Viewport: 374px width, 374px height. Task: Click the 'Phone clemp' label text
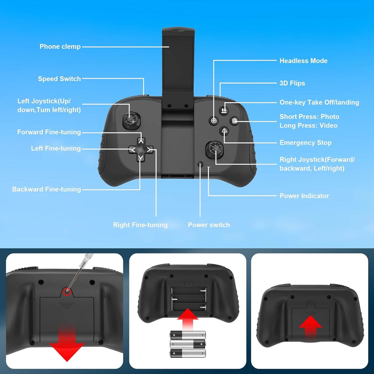pyautogui.click(x=60, y=47)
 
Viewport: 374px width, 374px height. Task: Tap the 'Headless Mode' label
pyautogui.click(x=303, y=61)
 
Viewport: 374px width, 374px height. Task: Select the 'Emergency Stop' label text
pyautogui.click(x=305, y=143)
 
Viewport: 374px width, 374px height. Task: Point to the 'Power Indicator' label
pyautogui.click(x=304, y=196)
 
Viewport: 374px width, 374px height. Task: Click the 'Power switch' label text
pyautogui.click(x=209, y=225)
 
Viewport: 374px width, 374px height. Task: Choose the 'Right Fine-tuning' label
pyautogui.click(x=140, y=225)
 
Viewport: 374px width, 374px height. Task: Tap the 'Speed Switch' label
pyautogui.click(x=59, y=79)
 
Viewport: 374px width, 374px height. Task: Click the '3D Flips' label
pyautogui.click(x=292, y=83)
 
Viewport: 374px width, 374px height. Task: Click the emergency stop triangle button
pyautogui.click(x=224, y=131)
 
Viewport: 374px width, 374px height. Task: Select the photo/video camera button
pyautogui.click(x=234, y=121)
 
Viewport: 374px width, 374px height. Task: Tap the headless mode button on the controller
pyautogui.click(x=214, y=121)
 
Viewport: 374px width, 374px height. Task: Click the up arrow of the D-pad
pyautogui.click(x=141, y=141)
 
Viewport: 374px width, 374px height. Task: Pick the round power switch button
pyautogui.click(x=200, y=164)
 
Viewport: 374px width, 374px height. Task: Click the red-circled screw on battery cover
pyautogui.click(x=67, y=291)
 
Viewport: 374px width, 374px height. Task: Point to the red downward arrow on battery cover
pyautogui.click(x=67, y=346)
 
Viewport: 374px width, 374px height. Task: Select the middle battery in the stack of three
pyautogui.click(x=188, y=344)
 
